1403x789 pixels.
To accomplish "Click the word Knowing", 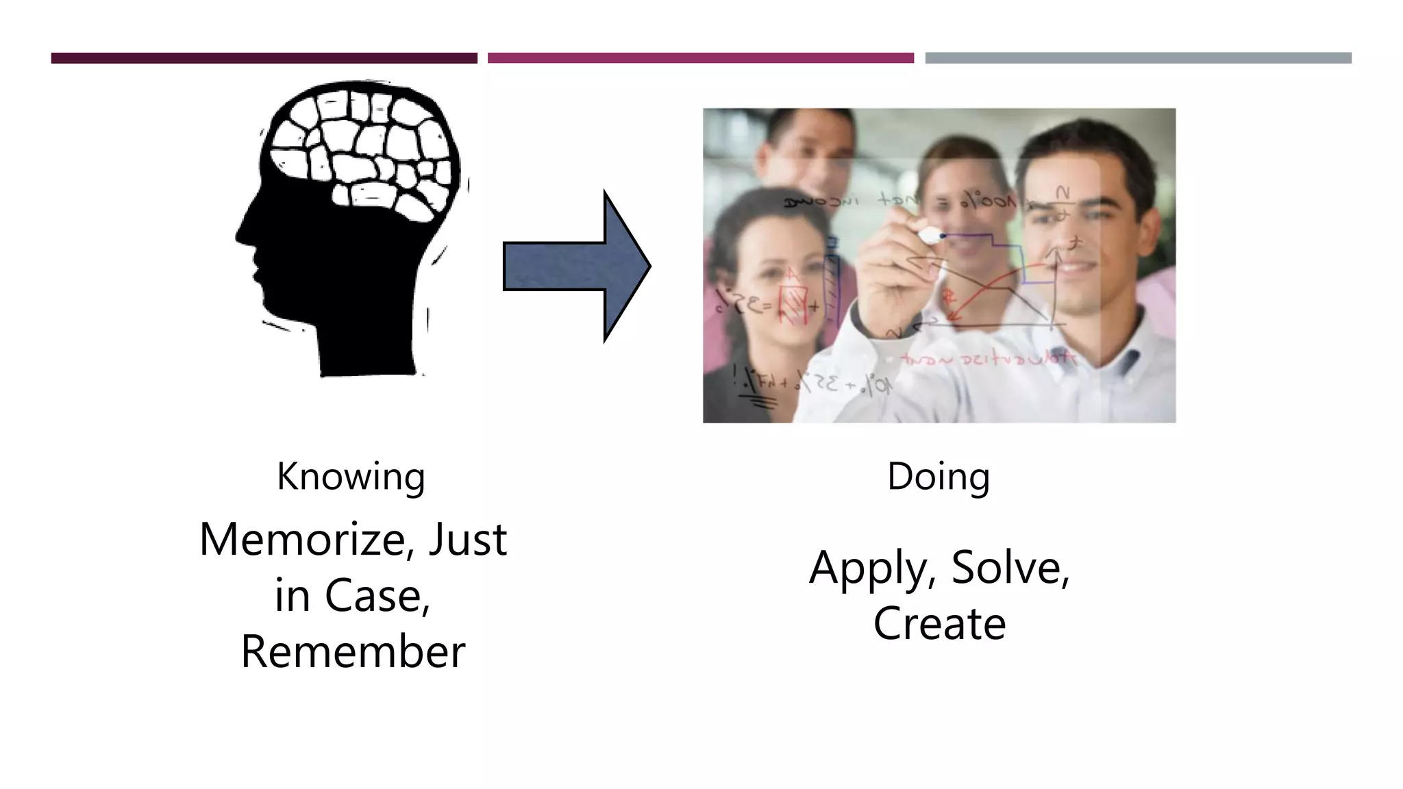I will click(351, 477).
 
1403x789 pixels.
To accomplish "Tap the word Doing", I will click(938, 477).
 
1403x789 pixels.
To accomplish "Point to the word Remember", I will click(353, 651).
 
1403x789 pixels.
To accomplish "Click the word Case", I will click(376, 595).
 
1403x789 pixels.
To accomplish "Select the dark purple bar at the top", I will click(264, 58).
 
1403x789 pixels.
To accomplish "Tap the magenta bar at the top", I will click(700, 58).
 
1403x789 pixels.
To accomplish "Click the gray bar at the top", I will click(1138, 58).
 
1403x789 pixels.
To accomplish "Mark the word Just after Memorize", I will click(467, 540).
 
